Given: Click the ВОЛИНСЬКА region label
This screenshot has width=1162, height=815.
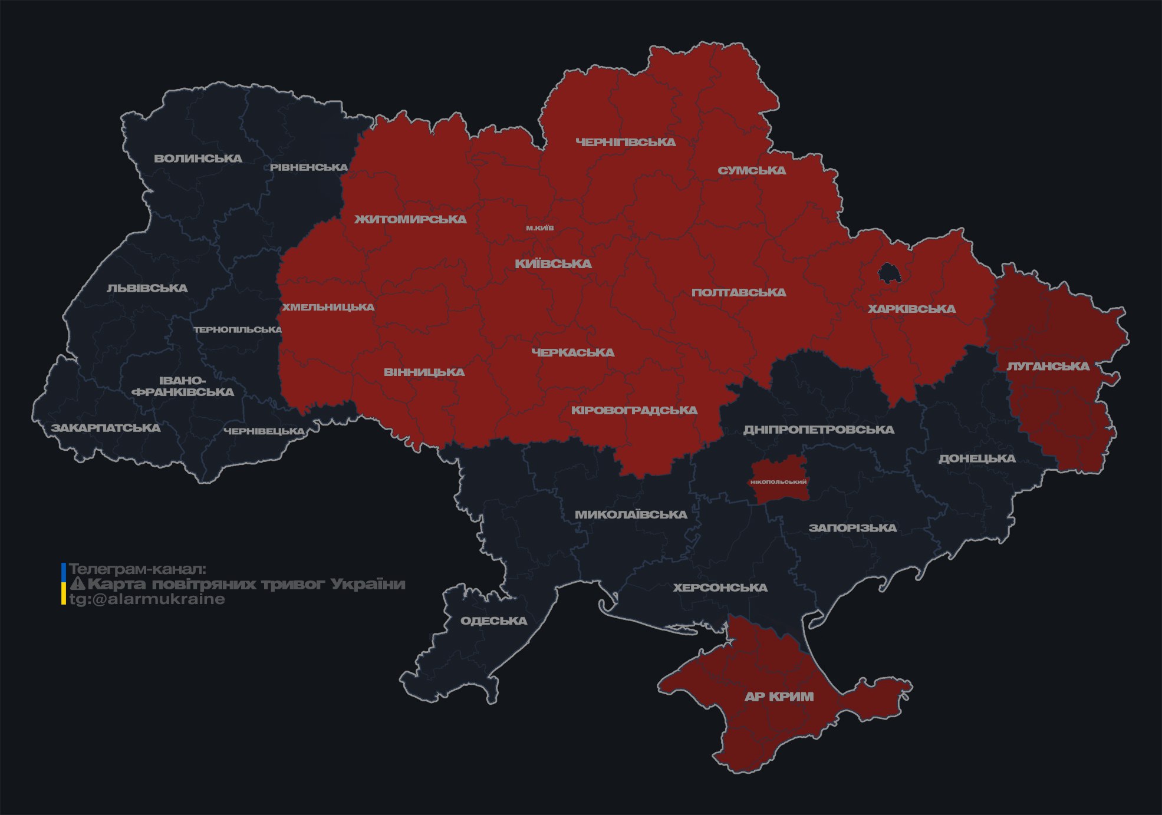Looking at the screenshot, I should pos(198,159).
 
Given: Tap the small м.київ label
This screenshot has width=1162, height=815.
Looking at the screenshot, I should pos(540,228).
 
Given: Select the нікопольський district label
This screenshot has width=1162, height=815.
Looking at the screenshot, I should pos(778,482).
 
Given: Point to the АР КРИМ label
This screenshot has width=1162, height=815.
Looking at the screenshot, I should pos(779,697).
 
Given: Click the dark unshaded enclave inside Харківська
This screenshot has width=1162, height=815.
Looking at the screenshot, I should pos(888,273).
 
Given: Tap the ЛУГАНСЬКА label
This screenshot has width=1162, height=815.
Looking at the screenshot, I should pos(1048,366).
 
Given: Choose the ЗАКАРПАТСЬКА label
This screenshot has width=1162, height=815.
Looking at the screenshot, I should pos(106,428).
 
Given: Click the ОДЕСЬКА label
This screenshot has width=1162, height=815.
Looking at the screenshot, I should pos(493,621).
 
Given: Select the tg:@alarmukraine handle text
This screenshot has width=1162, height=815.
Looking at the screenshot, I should pos(147,599).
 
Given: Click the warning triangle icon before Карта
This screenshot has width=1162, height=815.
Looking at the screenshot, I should pos(77,584).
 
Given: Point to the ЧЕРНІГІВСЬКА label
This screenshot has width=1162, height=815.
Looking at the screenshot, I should pos(626,142).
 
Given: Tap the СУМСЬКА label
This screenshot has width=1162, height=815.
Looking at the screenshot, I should pos(752,170).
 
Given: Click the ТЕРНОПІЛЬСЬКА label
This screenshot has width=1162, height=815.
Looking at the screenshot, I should pos(238,329).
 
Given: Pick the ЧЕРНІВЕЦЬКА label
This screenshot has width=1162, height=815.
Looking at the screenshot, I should pos(264,431).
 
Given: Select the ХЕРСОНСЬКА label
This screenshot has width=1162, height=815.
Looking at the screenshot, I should pos(720,588).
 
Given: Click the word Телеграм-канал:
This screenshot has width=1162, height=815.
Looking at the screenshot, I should pos(137,569).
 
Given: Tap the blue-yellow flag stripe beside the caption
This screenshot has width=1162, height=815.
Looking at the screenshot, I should pos(64,584).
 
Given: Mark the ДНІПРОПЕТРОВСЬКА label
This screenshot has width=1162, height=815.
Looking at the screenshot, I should pos(818,430).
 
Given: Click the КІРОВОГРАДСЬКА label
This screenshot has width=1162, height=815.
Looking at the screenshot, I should pos(634,410).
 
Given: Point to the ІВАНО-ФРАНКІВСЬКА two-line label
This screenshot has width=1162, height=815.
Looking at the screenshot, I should pos(183,387).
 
